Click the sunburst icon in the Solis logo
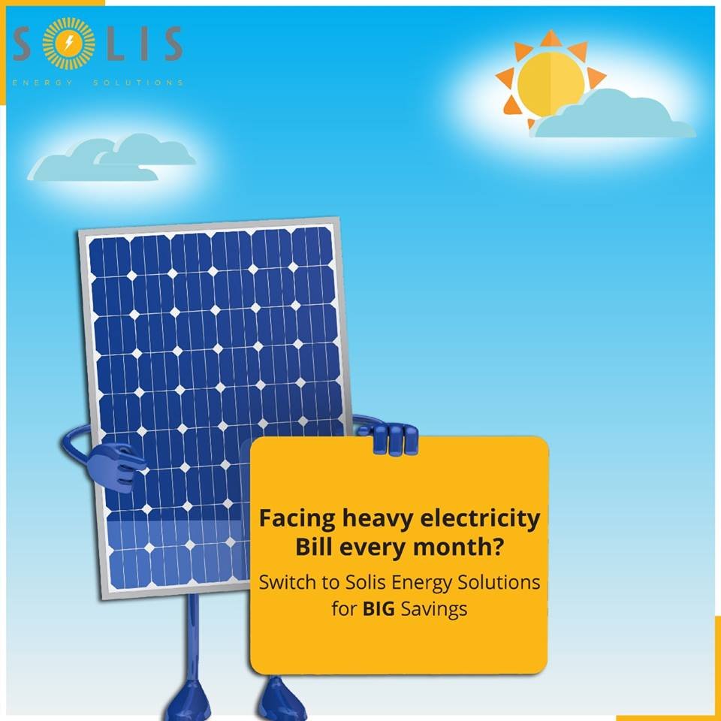click(x=69, y=44)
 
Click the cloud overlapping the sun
click(x=612, y=117)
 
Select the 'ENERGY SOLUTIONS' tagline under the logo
click(x=98, y=82)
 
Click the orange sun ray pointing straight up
click(x=551, y=38)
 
